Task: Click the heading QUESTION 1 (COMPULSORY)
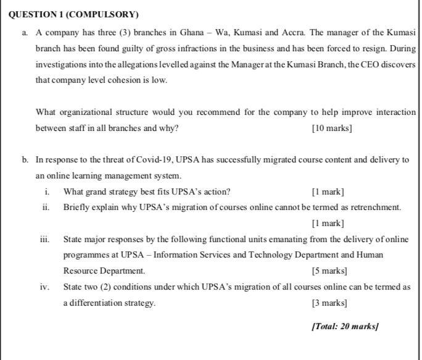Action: (73, 15)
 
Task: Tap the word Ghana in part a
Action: (192, 32)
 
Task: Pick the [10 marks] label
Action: (332, 128)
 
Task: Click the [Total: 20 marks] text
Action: (345, 326)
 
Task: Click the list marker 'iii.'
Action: (45, 239)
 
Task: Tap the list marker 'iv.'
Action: (45, 287)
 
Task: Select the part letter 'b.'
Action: (25, 160)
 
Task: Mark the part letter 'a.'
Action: (25, 32)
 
